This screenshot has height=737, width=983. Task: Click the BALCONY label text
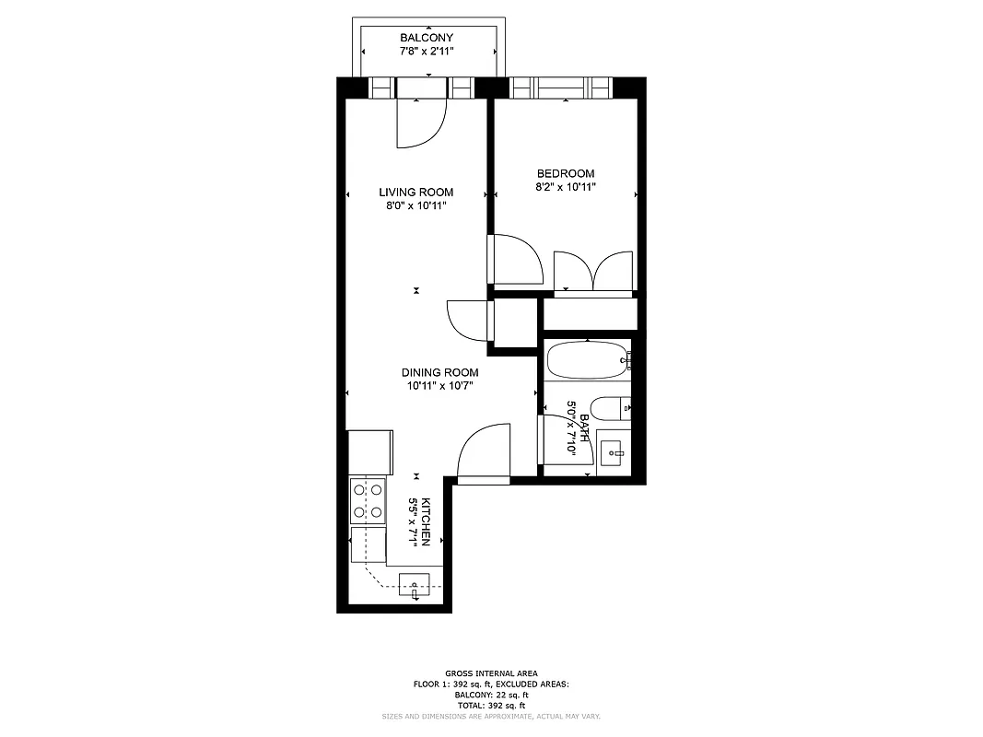point(426,38)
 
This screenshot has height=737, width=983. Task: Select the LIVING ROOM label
point(415,193)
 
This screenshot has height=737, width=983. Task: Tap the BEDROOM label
point(566,173)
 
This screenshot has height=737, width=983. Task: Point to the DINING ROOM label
point(439,372)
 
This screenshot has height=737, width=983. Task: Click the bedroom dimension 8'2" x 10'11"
point(566,187)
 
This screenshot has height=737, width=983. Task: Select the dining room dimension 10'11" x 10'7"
point(439,386)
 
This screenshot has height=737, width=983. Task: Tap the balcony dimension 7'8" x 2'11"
point(426,51)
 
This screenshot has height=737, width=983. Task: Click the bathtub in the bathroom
point(587,358)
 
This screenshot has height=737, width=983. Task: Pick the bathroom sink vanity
point(612,451)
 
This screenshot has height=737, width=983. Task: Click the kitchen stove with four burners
point(367,500)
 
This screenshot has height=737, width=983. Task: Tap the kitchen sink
point(414,585)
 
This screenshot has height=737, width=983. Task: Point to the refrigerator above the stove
point(369,452)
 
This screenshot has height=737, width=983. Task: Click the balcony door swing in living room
point(420,123)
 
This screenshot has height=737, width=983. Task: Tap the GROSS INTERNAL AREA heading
point(491,673)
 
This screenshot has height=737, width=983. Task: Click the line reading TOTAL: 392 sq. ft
point(491,705)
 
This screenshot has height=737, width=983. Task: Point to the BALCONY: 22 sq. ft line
point(491,695)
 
